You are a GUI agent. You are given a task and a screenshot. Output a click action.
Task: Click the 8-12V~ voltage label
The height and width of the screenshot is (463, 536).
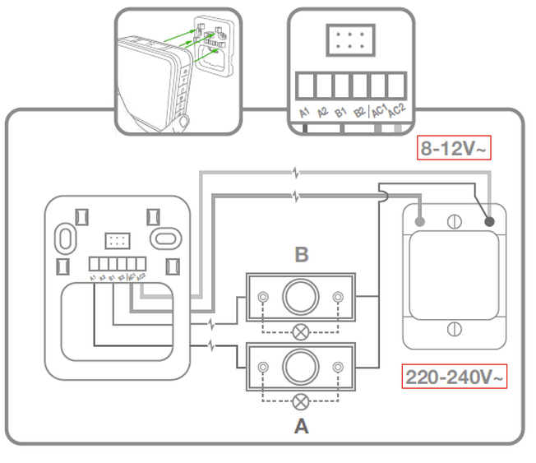[x=455, y=148]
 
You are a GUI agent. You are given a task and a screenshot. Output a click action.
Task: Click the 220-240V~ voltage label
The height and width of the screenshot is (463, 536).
[x=455, y=377]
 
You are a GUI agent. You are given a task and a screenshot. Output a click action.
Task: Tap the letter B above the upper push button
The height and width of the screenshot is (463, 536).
[x=302, y=254]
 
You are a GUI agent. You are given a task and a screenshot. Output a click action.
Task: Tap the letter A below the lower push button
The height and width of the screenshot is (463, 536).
[x=302, y=426]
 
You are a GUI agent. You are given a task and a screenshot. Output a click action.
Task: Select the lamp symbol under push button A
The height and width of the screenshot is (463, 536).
[x=302, y=401]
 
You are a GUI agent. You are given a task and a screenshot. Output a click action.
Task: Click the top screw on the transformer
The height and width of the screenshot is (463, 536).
[x=453, y=220]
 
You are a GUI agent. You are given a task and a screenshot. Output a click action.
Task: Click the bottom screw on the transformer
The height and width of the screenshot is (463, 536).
[x=453, y=329]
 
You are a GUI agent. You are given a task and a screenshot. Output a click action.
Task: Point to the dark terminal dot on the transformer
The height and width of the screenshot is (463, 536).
[x=491, y=220]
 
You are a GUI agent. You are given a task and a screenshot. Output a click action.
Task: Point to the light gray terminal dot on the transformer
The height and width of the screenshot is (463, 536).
[x=420, y=221]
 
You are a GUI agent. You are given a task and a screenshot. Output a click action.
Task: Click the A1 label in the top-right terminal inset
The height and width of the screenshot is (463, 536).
[x=305, y=112]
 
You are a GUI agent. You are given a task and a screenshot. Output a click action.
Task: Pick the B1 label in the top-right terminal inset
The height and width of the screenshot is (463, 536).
[x=342, y=112]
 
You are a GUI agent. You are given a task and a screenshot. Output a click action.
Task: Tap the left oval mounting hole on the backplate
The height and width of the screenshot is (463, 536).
[x=64, y=237]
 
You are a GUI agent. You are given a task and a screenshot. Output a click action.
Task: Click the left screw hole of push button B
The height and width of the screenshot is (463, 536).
[x=262, y=297]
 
